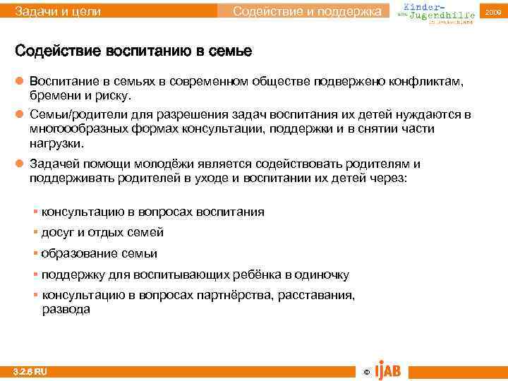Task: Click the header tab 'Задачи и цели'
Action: (x=58, y=11)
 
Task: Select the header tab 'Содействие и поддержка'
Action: (x=310, y=11)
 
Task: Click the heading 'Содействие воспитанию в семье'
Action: (x=133, y=52)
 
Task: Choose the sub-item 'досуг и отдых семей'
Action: (x=102, y=232)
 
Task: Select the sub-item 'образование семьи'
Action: (x=99, y=253)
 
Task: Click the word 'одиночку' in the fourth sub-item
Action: (x=321, y=274)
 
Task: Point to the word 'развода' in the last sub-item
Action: (x=66, y=309)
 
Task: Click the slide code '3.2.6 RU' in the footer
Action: (x=30, y=371)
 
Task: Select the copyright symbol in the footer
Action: (x=365, y=372)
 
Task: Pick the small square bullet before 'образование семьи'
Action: (x=35, y=253)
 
